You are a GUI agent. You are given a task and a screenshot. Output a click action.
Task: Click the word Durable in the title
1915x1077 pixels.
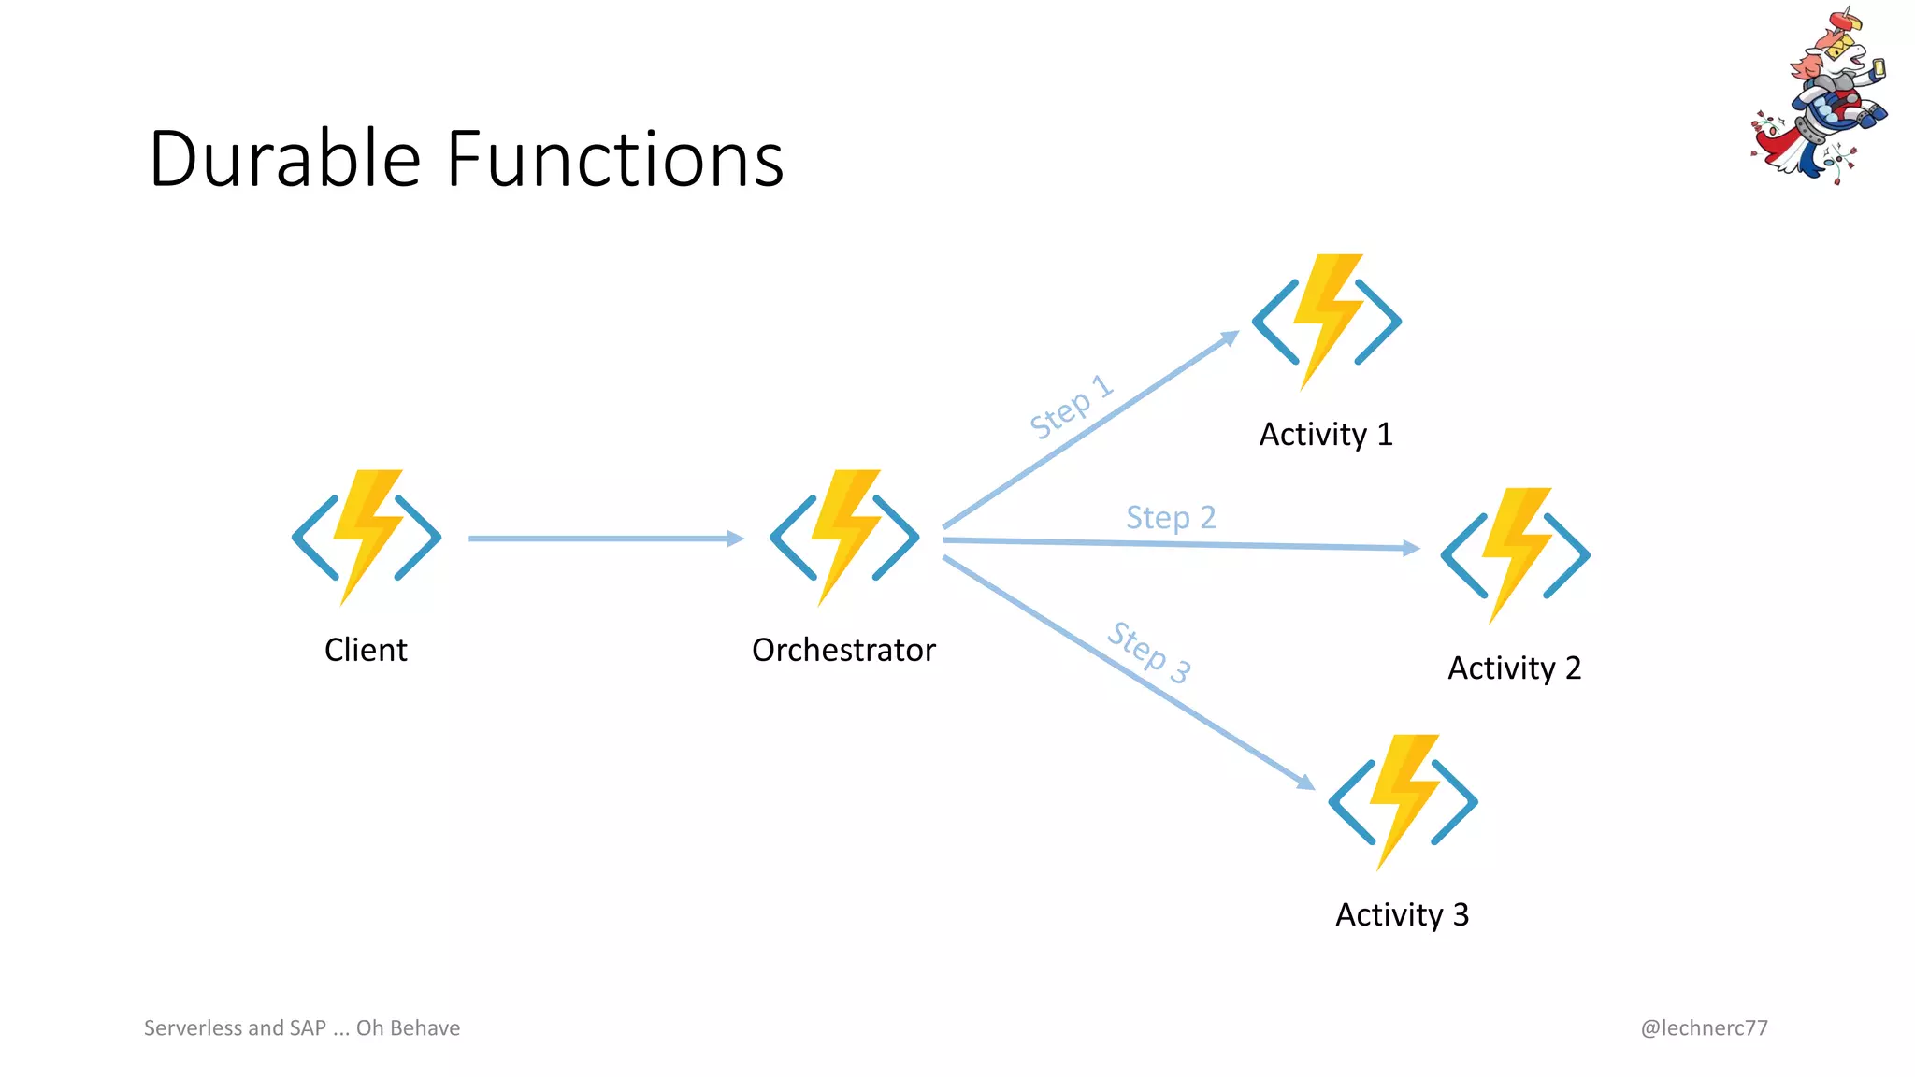point(284,159)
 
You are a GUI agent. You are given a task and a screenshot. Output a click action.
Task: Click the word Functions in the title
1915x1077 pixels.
point(614,159)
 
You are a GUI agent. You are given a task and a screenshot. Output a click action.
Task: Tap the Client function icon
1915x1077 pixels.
point(366,538)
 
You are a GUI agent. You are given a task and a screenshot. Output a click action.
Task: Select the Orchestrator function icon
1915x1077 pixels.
point(844,538)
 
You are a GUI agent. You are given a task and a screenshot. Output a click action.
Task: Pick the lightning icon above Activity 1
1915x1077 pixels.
point(1326,322)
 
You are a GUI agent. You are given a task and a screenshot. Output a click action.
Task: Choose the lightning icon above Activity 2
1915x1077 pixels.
point(1515,555)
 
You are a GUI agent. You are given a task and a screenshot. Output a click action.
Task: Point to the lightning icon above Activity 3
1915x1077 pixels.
point(1403,802)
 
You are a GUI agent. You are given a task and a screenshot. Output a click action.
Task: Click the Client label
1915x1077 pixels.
point(366,650)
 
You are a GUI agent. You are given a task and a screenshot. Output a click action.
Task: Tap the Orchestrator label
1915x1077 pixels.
point(843,650)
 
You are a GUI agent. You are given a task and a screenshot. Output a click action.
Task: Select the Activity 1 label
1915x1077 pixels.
point(1326,435)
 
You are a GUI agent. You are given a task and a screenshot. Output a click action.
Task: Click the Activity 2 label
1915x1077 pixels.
point(1514,668)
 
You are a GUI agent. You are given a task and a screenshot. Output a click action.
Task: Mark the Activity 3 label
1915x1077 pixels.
point(1402,914)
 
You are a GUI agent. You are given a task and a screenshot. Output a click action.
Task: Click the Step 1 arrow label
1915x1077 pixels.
point(1072,407)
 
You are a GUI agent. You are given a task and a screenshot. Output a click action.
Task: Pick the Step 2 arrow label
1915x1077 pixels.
point(1171,517)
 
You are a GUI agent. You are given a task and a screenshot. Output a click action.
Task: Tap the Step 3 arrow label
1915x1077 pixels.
point(1149,652)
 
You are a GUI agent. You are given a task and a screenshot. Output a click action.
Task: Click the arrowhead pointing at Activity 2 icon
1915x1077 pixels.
point(1412,548)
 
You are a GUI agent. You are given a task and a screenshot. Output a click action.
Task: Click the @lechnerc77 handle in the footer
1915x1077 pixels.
point(1704,1028)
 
